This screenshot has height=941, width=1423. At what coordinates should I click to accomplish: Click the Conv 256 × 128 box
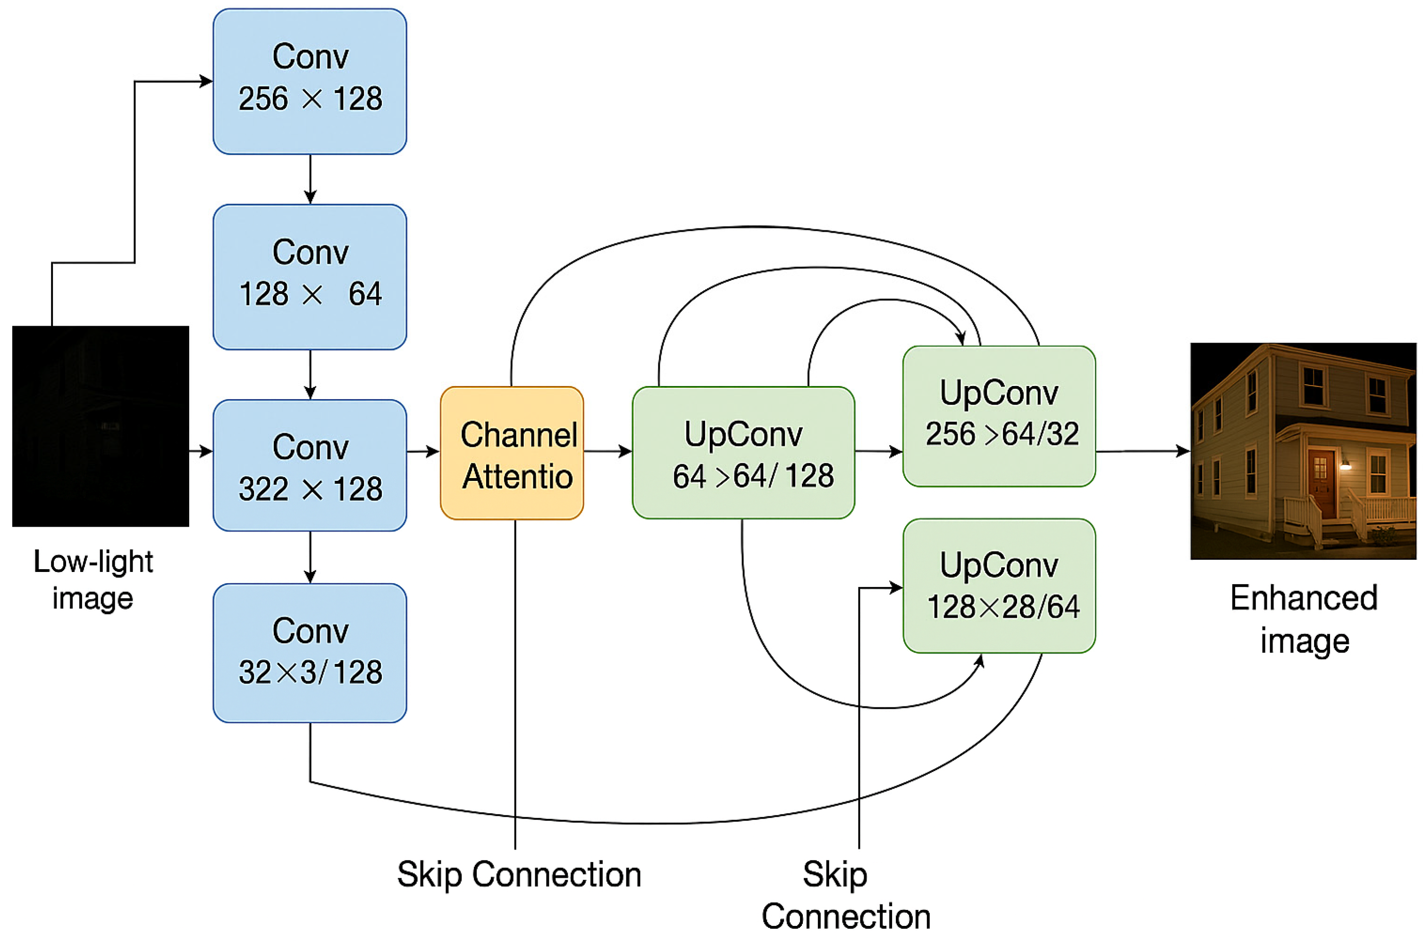click(310, 81)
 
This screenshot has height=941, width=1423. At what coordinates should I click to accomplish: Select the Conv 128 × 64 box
click(310, 277)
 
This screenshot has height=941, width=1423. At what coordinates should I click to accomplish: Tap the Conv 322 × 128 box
click(310, 465)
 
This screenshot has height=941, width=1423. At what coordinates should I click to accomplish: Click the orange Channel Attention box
click(511, 453)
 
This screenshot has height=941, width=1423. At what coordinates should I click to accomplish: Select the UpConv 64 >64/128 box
click(743, 453)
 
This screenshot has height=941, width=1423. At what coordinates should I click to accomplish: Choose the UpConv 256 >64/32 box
click(999, 416)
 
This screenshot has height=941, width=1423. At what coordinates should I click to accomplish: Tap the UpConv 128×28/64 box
click(999, 586)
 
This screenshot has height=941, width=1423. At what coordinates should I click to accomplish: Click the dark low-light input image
click(100, 426)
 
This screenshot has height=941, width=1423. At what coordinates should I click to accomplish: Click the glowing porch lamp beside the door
click(1346, 464)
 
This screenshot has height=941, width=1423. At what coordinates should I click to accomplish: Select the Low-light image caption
click(93, 579)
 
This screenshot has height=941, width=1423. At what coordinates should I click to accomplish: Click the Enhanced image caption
click(1304, 618)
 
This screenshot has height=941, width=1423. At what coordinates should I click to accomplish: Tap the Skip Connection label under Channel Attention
click(519, 874)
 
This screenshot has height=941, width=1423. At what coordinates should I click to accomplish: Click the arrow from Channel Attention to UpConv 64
click(607, 451)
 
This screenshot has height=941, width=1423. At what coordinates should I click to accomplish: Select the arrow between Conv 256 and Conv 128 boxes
click(310, 179)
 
